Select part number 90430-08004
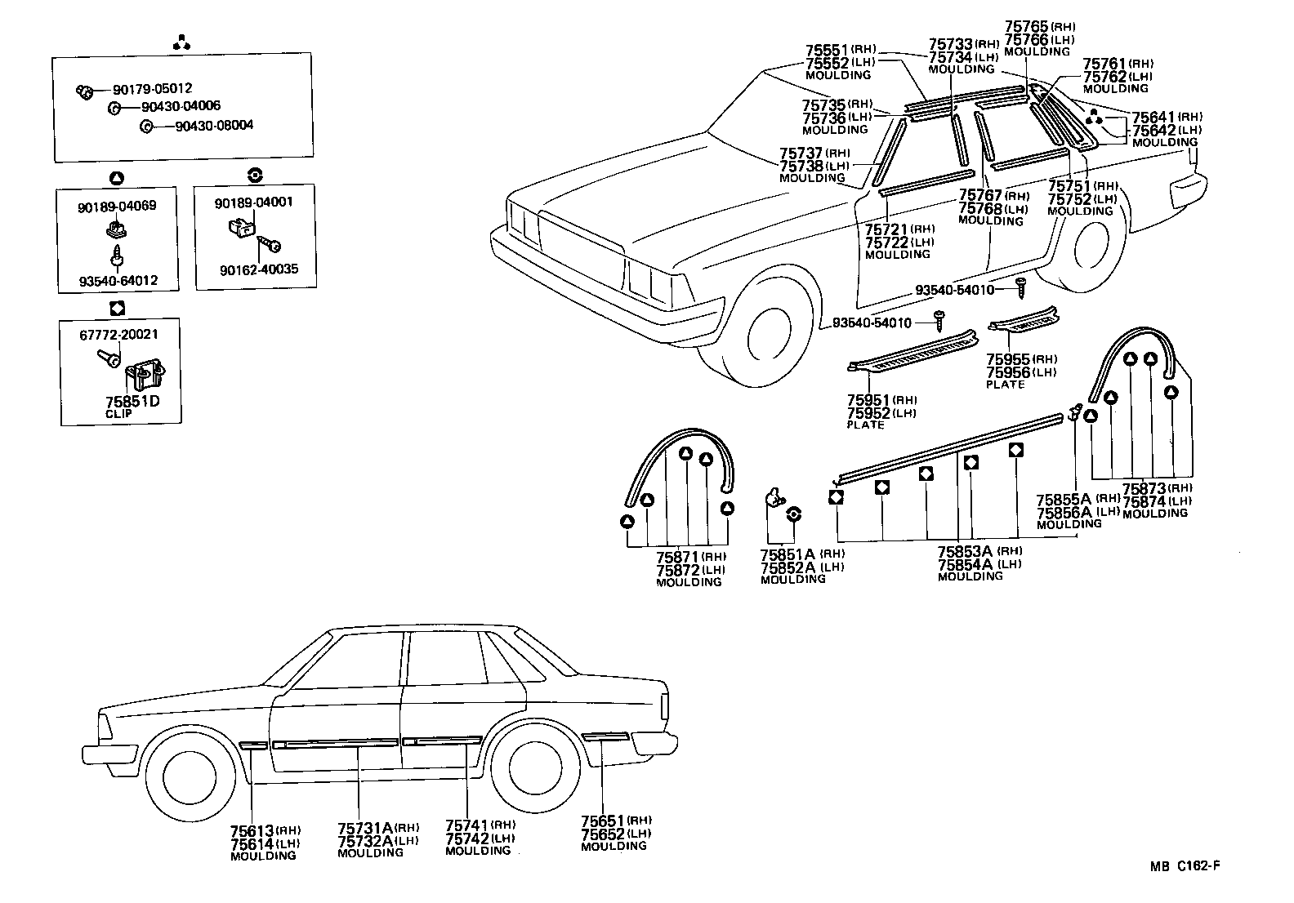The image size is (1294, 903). [213, 126]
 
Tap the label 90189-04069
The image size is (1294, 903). [117, 206]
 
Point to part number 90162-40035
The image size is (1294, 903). [257, 268]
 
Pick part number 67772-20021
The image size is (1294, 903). [118, 335]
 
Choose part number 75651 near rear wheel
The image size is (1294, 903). [603, 821]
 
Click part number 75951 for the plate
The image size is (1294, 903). [868, 400]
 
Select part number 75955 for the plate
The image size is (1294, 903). [1007, 359]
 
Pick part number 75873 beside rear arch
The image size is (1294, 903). [1144, 489]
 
